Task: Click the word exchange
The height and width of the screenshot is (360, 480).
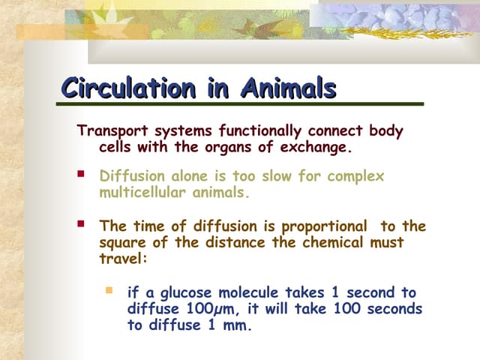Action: pos(315,148)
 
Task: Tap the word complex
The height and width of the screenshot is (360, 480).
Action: pos(355,176)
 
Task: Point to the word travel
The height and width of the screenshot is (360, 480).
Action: pos(121,259)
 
